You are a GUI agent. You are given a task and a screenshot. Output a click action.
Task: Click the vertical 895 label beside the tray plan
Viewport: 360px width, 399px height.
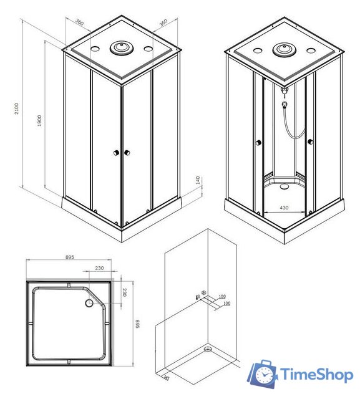tap(138, 325)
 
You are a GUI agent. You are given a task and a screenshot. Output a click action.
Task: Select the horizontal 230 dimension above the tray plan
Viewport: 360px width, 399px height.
tap(99, 269)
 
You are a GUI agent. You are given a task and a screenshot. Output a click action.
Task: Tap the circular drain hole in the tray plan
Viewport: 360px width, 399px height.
tap(88, 304)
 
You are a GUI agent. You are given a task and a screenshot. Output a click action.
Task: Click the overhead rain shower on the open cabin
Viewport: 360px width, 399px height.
tap(284, 49)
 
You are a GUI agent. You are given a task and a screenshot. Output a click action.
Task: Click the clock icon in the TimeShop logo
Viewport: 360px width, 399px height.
tap(264, 375)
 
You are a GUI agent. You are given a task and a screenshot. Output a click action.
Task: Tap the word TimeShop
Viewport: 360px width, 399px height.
tap(316, 374)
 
